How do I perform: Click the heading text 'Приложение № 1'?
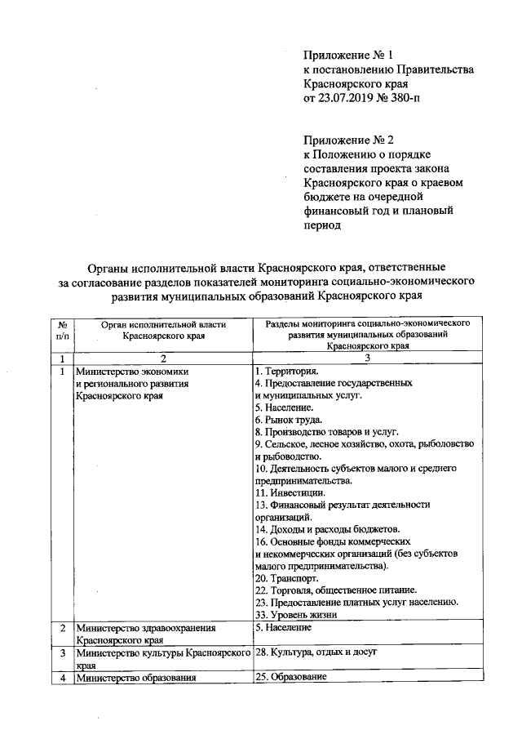coord(347,56)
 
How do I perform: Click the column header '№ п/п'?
coord(62,330)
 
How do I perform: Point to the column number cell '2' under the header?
coord(163,358)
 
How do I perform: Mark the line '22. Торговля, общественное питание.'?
coord(335,590)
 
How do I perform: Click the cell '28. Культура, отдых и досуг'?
coord(315,653)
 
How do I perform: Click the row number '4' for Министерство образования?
coord(63,679)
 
